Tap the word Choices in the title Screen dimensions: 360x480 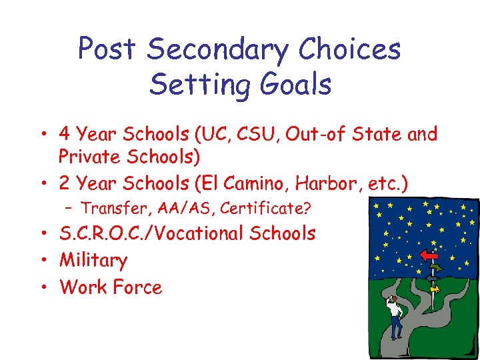350,49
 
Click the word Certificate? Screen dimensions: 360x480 265,209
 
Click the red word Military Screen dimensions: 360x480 93,261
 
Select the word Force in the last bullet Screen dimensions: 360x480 137,287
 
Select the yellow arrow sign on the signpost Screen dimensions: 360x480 434,289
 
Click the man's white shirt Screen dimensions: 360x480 395,310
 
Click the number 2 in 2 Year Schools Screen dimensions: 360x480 65,181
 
